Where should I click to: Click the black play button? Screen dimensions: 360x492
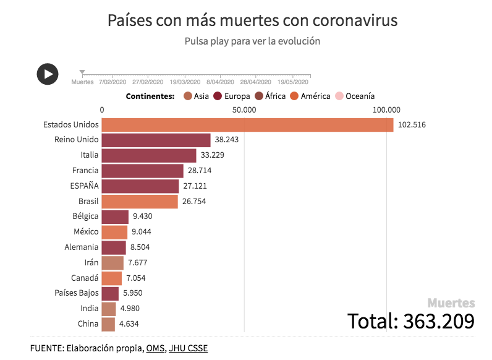48,74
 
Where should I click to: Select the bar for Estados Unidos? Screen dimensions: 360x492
247,125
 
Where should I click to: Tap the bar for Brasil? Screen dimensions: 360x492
140,202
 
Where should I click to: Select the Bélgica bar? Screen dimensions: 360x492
115,217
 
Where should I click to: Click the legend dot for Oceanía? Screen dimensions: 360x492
339,96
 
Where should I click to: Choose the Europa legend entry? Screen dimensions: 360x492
232,96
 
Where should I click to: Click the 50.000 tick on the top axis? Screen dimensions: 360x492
245,110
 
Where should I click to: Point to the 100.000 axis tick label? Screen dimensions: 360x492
387,110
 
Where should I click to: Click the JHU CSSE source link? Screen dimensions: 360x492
188,348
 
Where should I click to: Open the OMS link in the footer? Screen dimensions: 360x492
155,348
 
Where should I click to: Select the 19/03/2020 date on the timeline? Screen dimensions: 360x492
185,82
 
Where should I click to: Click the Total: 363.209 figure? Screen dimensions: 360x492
410,321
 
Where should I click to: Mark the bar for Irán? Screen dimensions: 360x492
112,263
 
